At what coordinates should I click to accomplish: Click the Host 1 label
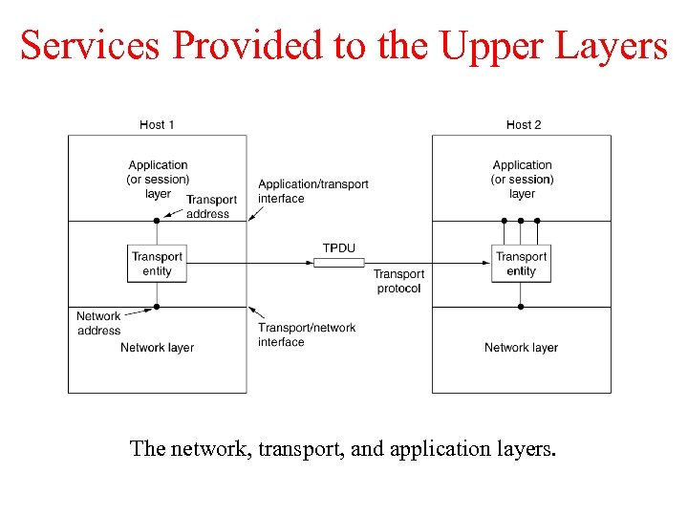pyautogui.click(x=157, y=124)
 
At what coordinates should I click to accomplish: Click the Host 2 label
pyautogui.click(x=524, y=124)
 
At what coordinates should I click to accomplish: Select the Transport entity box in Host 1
pyautogui.click(x=157, y=263)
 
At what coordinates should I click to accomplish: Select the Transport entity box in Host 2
pyautogui.click(x=522, y=263)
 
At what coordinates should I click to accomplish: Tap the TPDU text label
pyautogui.click(x=338, y=247)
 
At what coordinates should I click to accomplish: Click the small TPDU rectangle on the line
pyautogui.click(x=338, y=262)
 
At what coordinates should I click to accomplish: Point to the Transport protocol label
pyautogui.click(x=398, y=281)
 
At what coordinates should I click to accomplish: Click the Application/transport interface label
pyautogui.click(x=312, y=191)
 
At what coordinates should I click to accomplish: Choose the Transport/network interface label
pyautogui.click(x=306, y=334)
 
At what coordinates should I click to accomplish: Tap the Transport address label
pyautogui.click(x=211, y=206)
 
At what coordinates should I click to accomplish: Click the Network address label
pyautogui.click(x=98, y=323)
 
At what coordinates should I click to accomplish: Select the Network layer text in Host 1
pyautogui.click(x=157, y=348)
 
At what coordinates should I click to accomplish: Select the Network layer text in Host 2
pyautogui.click(x=521, y=348)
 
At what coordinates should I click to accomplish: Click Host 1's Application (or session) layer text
pyautogui.click(x=158, y=179)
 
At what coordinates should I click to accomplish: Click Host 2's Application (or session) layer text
pyautogui.click(x=522, y=179)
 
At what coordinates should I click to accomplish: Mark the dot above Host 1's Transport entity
pyautogui.click(x=157, y=221)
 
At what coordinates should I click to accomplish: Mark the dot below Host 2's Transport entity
pyautogui.click(x=521, y=307)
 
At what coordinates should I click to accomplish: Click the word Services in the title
pyautogui.click(x=89, y=46)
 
